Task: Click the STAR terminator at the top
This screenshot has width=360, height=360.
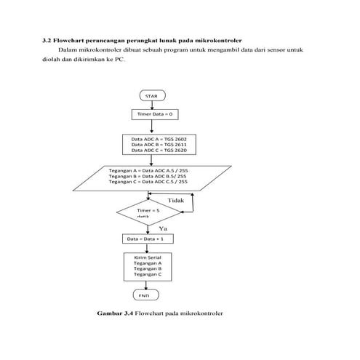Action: coord(151,95)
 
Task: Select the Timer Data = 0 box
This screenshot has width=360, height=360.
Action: coord(152,114)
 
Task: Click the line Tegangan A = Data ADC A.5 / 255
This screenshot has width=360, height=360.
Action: coord(148,169)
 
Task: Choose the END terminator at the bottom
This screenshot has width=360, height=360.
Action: coord(144,295)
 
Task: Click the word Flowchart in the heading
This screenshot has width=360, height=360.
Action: coord(70,39)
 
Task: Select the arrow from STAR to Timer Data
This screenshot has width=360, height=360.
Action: coord(151,105)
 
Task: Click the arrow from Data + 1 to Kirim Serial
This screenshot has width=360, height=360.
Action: coord(148,247)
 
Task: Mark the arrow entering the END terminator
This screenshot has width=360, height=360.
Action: coord(148,285)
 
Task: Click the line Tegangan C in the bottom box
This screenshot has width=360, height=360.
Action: coord(148,274)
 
